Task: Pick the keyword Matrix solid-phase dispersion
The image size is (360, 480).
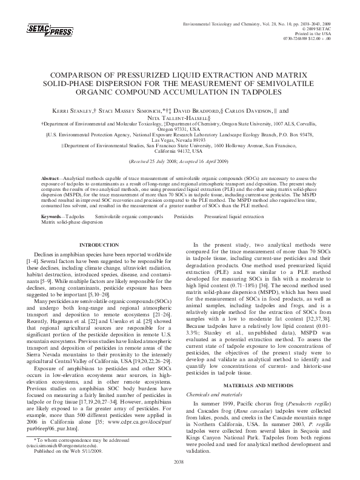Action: point(68,222)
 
